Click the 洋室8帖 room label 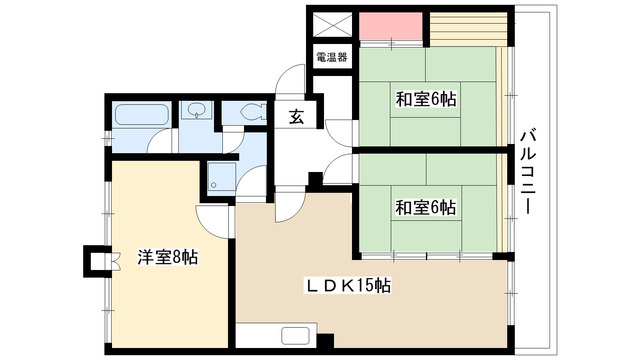[167, 257]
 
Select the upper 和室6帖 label [426, 99]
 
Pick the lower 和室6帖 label [426, 208]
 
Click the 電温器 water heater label [331, 57]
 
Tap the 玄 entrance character [297, 116]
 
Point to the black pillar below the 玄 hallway [315, 180]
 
